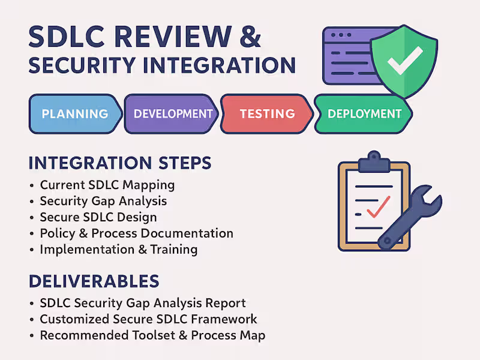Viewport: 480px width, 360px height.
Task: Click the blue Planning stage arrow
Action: pyautogui.click(x=74, y=113)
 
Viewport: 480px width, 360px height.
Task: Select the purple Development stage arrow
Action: pyautogui.click(x=173, y=113)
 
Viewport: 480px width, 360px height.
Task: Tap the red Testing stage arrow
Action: pyautogui.click(x=267, y=113)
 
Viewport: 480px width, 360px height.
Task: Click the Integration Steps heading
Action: pyautogui.click(x=120, y=163)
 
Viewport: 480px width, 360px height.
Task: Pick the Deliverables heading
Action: pyautogui.click(x=94, y=281)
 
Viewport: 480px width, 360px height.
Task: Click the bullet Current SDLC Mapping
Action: pyautogui.click(x=107, y=185)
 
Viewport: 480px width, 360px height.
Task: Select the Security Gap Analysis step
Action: pyautogui.click(x=103, y=201)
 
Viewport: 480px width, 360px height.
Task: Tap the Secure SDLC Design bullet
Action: pyautogui.click(x=98, y=217)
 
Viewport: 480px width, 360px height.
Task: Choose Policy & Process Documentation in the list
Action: pyautogui.click(x=136, y=233)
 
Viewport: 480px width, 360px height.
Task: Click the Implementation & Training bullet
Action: pyautogui.click(x=118, y=249)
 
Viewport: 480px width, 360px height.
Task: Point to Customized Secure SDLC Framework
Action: pyautogui.click(x=148, y=319)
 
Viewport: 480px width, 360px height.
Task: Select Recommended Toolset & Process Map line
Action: pyautogui.click(x=152, y=335)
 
